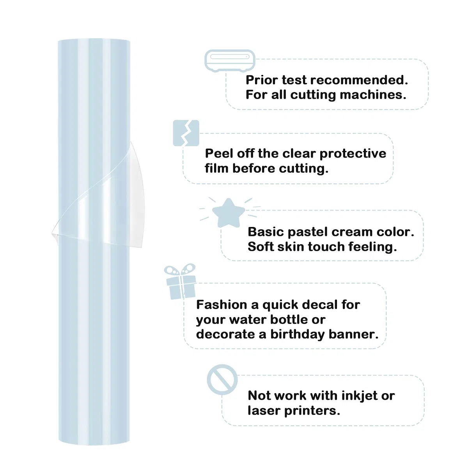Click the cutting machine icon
point(230,61)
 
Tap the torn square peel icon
point(186,133)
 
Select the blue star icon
point(228,213)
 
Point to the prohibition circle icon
point(222,379)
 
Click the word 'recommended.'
point(359,80)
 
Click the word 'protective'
point(353,154)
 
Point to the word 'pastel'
point(308,232)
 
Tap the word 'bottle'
point(289,319)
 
